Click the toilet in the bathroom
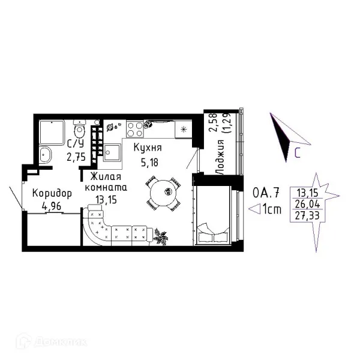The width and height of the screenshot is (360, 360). (x=79, y=128)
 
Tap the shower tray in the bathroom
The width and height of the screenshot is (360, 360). (x=52, y=133)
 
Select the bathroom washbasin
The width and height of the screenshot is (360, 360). (x=45, y=155)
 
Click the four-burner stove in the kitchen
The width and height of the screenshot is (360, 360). (x=135, y=130)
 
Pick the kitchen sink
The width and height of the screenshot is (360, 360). (x=112, y=152)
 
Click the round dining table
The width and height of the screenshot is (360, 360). (x=163, y=193)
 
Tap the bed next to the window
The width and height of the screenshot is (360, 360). (x=213, y=215)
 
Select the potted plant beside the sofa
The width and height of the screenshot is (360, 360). (x=161, y=236)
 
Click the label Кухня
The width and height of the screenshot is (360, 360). (x=148, y=148)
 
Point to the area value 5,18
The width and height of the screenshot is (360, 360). (x=149, y=163)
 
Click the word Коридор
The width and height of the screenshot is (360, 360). (x=52, y=194)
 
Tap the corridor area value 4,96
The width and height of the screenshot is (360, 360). (x=52, y=206)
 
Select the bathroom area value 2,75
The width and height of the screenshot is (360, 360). (x=76, y=157)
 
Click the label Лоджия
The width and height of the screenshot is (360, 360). (x=220, y=157)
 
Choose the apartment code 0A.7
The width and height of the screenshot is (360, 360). (x=266, y=193)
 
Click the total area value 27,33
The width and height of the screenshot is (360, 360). (x=307, y=215)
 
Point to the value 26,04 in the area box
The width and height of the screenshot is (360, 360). (x=307, y=204)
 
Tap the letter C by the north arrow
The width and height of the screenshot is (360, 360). (x=298, y=152)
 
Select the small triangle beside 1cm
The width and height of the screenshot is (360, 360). (x=254, y=209)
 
